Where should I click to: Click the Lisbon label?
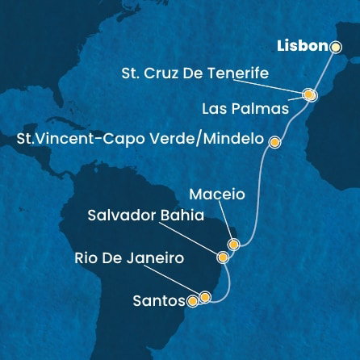pos(303,46)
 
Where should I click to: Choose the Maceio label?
pos(216,195)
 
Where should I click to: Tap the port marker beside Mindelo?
pos(274,142)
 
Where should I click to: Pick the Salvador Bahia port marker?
pos(223,257)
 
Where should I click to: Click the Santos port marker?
pos(192,303)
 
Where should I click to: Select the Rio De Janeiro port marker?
pos(205,297)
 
